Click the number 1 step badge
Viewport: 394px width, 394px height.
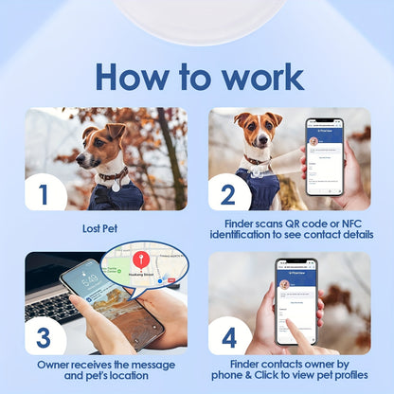click(43, 194)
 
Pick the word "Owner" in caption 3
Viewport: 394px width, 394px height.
click(56, 364)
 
